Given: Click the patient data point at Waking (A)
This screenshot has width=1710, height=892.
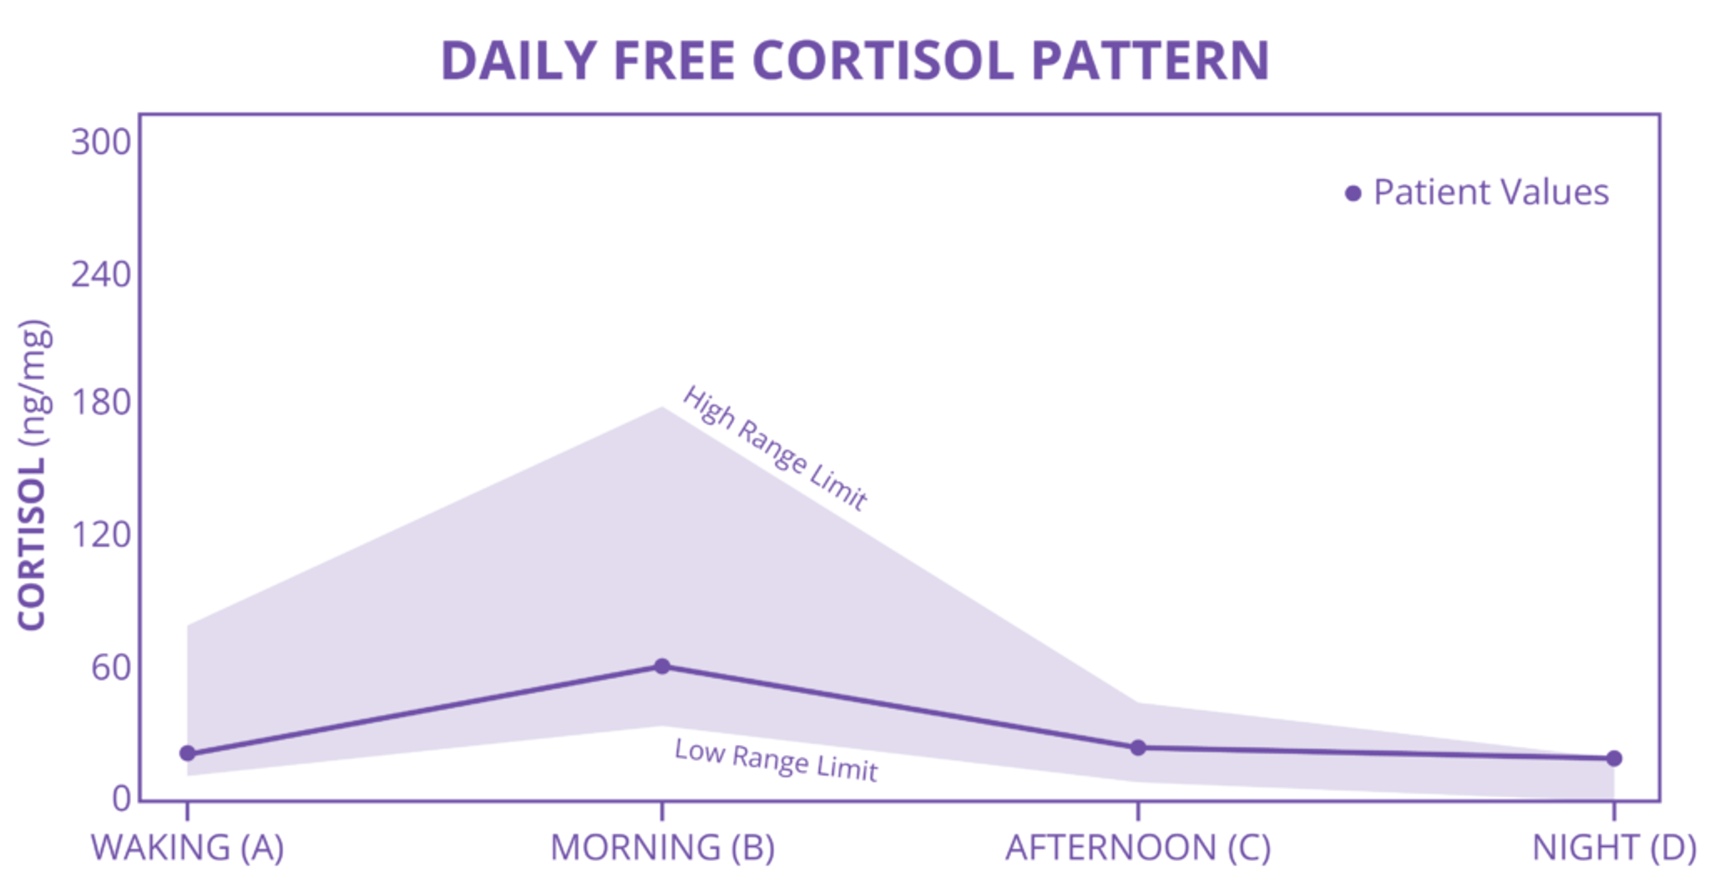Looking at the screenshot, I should pos(188,753).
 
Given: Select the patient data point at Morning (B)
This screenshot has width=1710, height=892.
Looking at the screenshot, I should pos(662,666).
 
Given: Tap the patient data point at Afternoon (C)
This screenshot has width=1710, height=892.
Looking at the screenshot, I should pos(1138,748).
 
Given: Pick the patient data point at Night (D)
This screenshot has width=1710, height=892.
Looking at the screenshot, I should pos(1614,758).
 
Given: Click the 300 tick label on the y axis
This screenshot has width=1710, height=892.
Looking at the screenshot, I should pos(101,142).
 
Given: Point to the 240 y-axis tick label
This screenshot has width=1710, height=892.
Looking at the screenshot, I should pos(101,274).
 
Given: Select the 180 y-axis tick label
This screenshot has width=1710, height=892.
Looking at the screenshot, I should pos(101,403).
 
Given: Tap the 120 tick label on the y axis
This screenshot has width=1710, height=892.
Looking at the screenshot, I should pos(101,535).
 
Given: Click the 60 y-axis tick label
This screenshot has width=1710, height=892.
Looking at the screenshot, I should pos(110,667).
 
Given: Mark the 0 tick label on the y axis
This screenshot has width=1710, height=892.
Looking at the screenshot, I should pos(122,798).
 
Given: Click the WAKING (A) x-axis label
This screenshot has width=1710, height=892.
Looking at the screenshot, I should pos(188,848).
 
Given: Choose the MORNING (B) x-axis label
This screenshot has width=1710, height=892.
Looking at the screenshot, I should pos(662,848).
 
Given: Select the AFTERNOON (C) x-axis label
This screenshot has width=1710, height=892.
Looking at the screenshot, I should pos(1138,848).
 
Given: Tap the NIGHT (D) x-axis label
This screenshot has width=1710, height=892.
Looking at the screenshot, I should pos(1614,848).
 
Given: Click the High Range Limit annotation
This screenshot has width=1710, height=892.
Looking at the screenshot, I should pos(775,448).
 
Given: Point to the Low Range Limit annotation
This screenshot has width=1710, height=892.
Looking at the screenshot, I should pos(776,760).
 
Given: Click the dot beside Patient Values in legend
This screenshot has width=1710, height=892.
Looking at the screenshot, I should pos(1353,194).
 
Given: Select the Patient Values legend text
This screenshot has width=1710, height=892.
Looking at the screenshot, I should pos(1491,193).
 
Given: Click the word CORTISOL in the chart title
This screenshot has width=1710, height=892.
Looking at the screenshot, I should pos(883,61).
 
